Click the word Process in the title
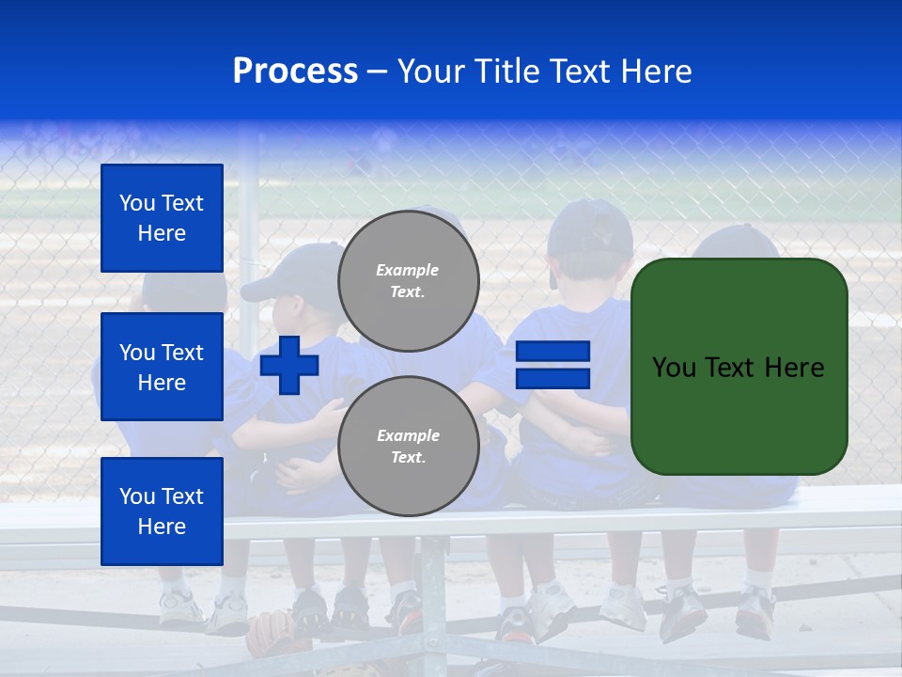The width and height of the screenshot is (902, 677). [295, 71]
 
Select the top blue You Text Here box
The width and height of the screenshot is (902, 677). [162, 218]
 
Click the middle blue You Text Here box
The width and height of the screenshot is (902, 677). [162, 367]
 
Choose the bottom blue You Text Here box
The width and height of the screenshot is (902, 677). [162, 512]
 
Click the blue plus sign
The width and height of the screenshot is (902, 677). [289, 365]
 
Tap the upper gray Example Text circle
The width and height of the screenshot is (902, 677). [408, 281]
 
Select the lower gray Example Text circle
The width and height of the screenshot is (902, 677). [408, 447]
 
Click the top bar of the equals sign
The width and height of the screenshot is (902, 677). [553, 352]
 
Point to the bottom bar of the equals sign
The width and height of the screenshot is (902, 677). [553, 379]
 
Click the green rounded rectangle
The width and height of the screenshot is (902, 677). [739, 414]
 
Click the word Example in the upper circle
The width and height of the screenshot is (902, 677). [407, 270]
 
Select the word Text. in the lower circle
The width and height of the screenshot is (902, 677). [407, 458]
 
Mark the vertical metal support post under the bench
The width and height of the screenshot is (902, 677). [432, 592]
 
